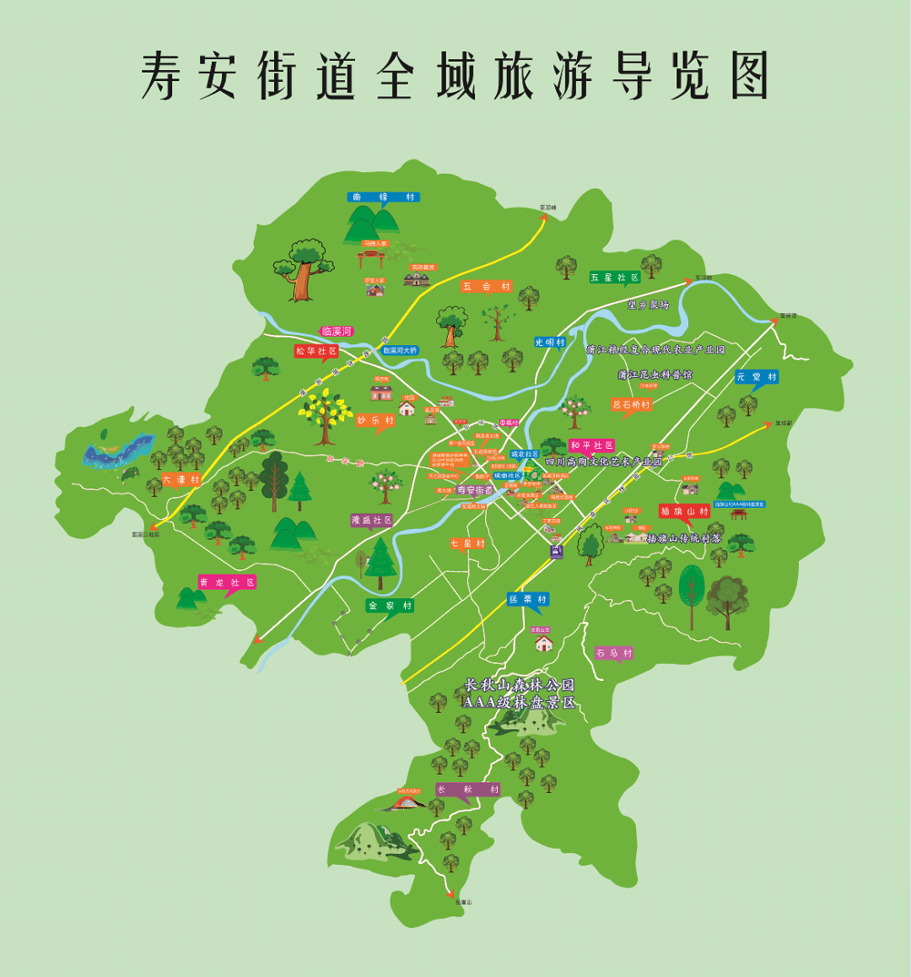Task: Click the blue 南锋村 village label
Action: click(x=383, y=197)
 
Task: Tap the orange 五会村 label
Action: click(x=487, y=287)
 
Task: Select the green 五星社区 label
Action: click(x=614, y=277)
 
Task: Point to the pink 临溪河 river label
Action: click(x=337, y=332)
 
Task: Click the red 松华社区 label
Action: click(x=315, y=350)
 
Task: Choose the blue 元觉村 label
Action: click(x=756, y=376)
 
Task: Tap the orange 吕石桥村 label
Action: click(x=631, y=405)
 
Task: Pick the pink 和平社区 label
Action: click(x=591, y=445)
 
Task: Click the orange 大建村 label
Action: click(x=181, y=479)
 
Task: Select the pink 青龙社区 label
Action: click(x=226, y=582)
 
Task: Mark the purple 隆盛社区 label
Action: click(x=372, y=521)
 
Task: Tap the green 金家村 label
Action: click(x=390, y=606)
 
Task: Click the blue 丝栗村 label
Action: click(x=527, y=599)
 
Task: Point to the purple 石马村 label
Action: click(x=613, y=653)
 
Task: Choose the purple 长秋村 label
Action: click(x=467, y=790)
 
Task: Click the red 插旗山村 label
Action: click(x=684, y=511)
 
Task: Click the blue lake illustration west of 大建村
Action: click(x=118, y=449)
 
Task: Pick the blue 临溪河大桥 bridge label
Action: click(x=400, y=350)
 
